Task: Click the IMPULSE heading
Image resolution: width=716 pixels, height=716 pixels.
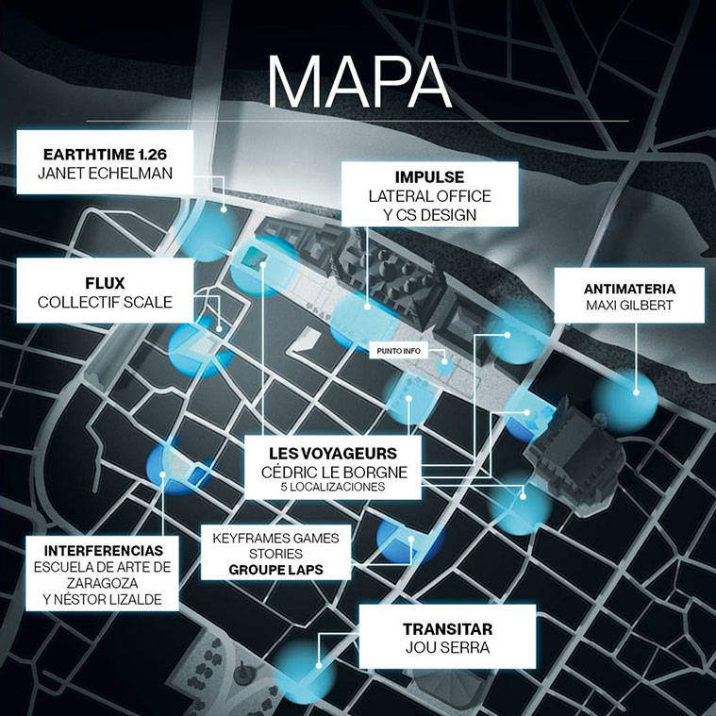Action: (x=429, y=177)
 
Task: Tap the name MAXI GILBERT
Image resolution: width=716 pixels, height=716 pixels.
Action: (x=629, y=307)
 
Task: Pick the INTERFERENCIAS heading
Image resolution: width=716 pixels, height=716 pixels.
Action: (x=103, y=550)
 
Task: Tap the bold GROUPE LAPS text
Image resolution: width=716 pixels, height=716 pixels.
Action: (x=275, y=571)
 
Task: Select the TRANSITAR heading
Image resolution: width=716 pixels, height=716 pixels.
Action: (x=447, y=628)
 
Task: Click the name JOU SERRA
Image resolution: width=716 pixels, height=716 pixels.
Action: (x=447, y=649)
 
